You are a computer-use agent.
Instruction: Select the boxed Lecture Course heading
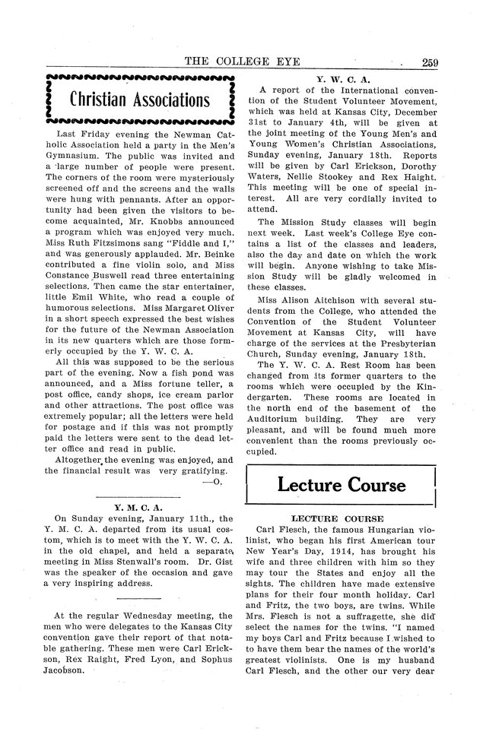coord(342,484)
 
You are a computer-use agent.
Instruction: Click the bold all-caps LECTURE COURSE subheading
coord(341,516)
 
